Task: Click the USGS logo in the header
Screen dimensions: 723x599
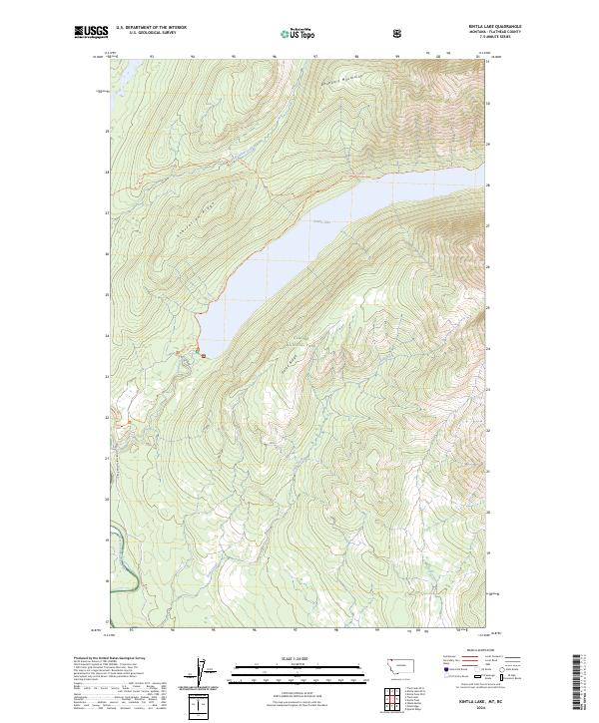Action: click(x=91, y=32)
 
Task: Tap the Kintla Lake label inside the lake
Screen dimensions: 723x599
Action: click(x=319, y=222)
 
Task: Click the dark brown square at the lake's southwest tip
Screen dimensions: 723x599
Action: click(x=203, y=354)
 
